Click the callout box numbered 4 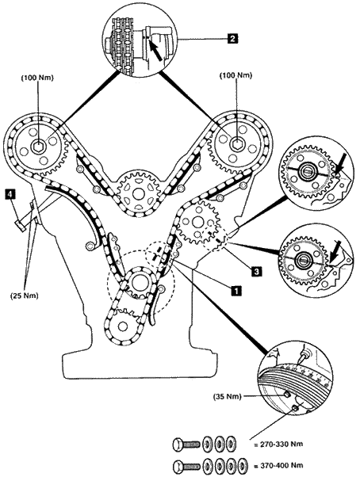point(10,194)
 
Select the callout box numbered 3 point(256,271)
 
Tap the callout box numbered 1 point(236,291)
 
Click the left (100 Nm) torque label point(37,78)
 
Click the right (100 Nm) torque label point(236,75)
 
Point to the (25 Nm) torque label point(24,296)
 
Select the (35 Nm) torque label point(228,396)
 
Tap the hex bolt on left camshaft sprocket point(38,148)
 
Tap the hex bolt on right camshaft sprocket point(236,143)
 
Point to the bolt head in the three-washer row point(178,445)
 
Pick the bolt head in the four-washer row point(178,466)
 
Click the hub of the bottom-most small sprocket point(123,326)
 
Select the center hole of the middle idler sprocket point(138,193)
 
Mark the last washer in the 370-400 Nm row point(242,466)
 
